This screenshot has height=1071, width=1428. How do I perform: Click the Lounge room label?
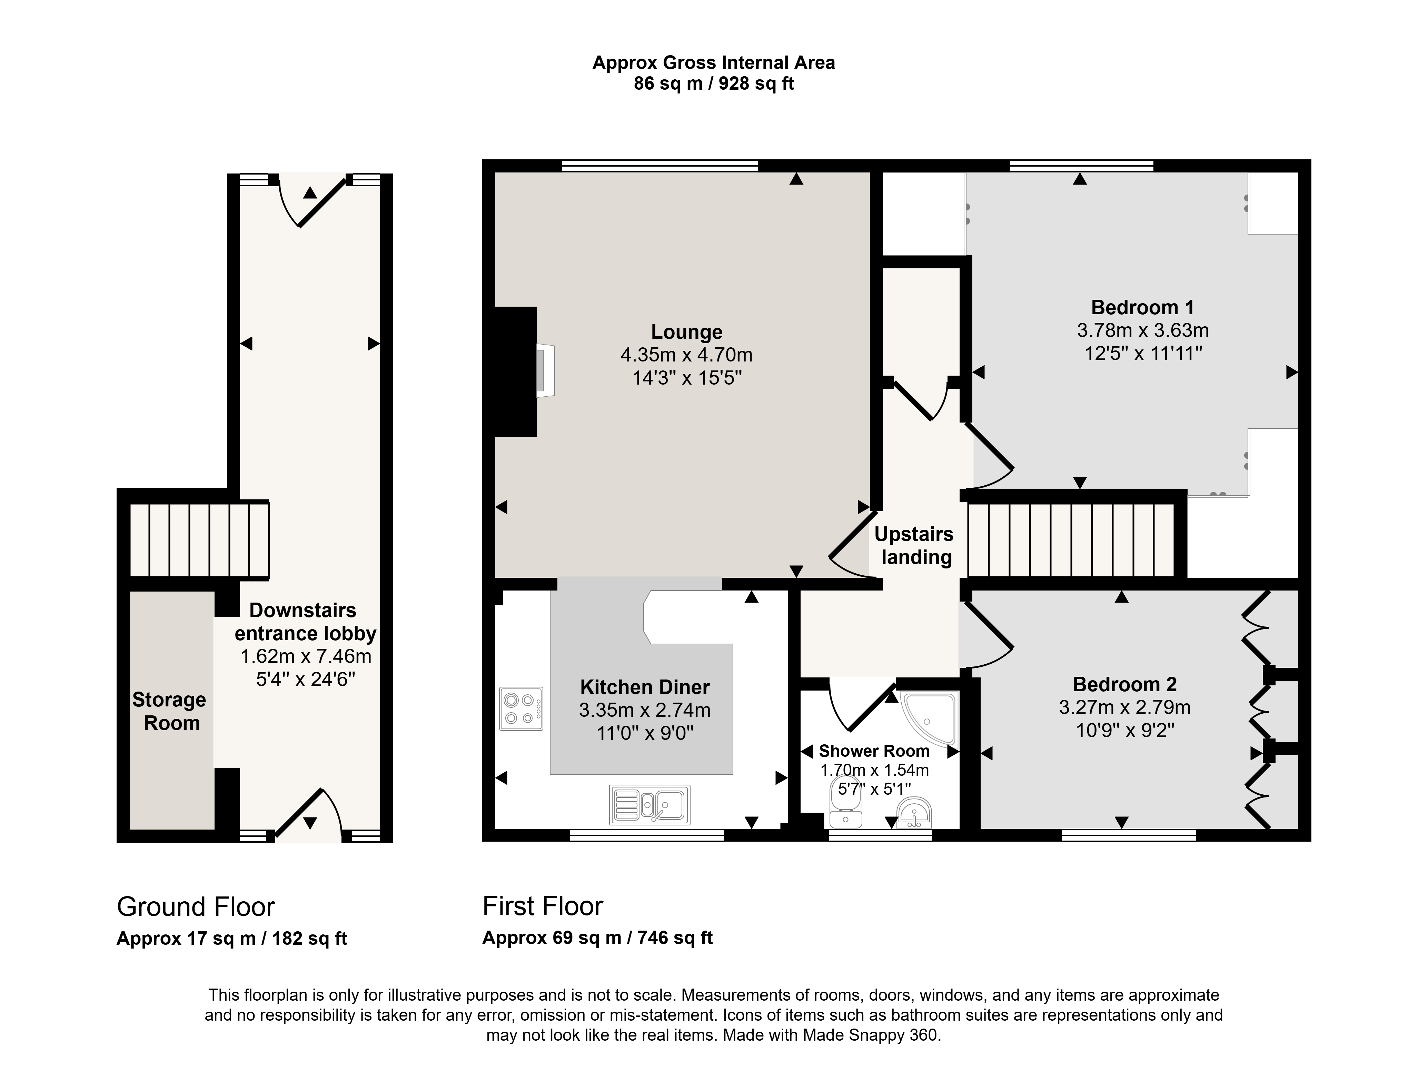(x=686, y=332)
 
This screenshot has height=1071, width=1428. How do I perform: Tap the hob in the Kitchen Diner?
(x=521, y=709)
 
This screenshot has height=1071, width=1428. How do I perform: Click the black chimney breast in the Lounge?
(x=516, y=371)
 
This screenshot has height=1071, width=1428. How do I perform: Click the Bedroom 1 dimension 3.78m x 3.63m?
(x=1143, y=330)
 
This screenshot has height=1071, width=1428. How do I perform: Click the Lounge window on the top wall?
(x=660, y=166)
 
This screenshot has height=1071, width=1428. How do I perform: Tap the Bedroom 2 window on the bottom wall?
(x=1129, y=835)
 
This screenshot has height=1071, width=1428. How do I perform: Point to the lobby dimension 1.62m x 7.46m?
(x=306, y=656)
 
